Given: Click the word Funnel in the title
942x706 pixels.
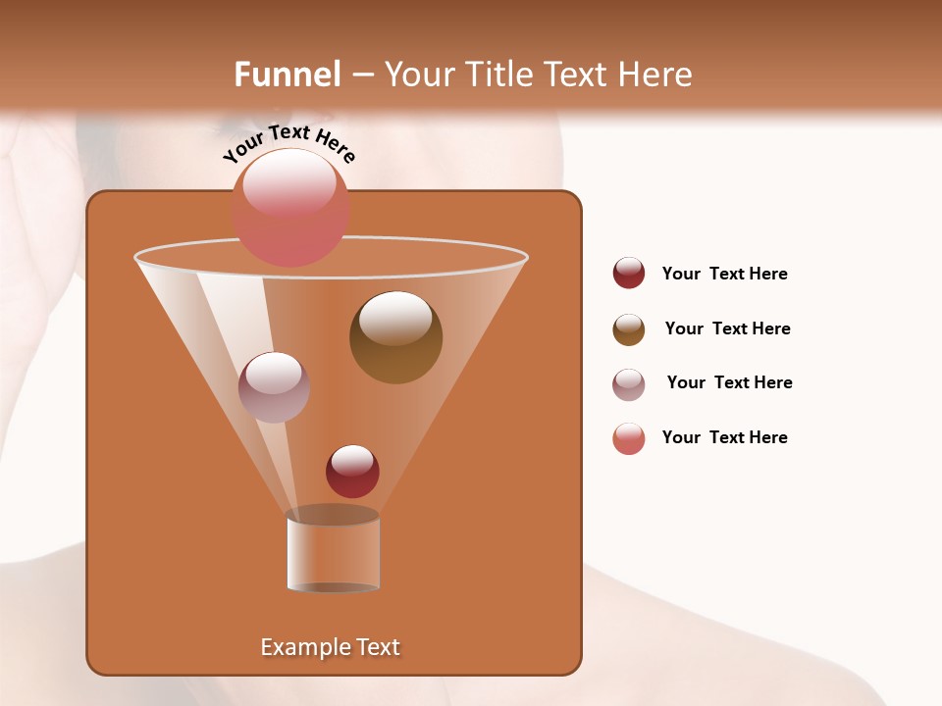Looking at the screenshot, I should tap(287, 75).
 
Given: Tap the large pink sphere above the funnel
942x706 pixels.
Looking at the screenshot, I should tap(290, 208).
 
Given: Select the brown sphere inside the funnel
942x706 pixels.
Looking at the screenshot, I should tap(395, 337).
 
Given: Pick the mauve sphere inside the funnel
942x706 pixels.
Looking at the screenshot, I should tap(274, 387).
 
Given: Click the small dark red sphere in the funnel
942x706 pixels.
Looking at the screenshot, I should tap(352, 472).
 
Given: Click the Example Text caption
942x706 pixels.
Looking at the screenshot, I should tap(330, 647).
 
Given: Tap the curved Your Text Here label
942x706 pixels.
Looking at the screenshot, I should tap(288, 142).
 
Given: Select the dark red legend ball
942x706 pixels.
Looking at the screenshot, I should tap(629, 274).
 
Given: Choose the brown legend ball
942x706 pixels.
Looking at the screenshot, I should tap(629, 329).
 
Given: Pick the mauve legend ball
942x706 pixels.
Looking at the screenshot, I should tap(629, 384).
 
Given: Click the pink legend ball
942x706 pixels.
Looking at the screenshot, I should tap(629, 438).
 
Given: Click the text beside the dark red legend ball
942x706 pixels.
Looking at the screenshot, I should tap(724, 274).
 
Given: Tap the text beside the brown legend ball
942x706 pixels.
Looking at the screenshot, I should tap(727, 328).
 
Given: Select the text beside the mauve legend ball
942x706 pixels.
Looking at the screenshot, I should tap(729, 382).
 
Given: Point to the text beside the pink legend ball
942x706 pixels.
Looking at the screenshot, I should tap(724, 437).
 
